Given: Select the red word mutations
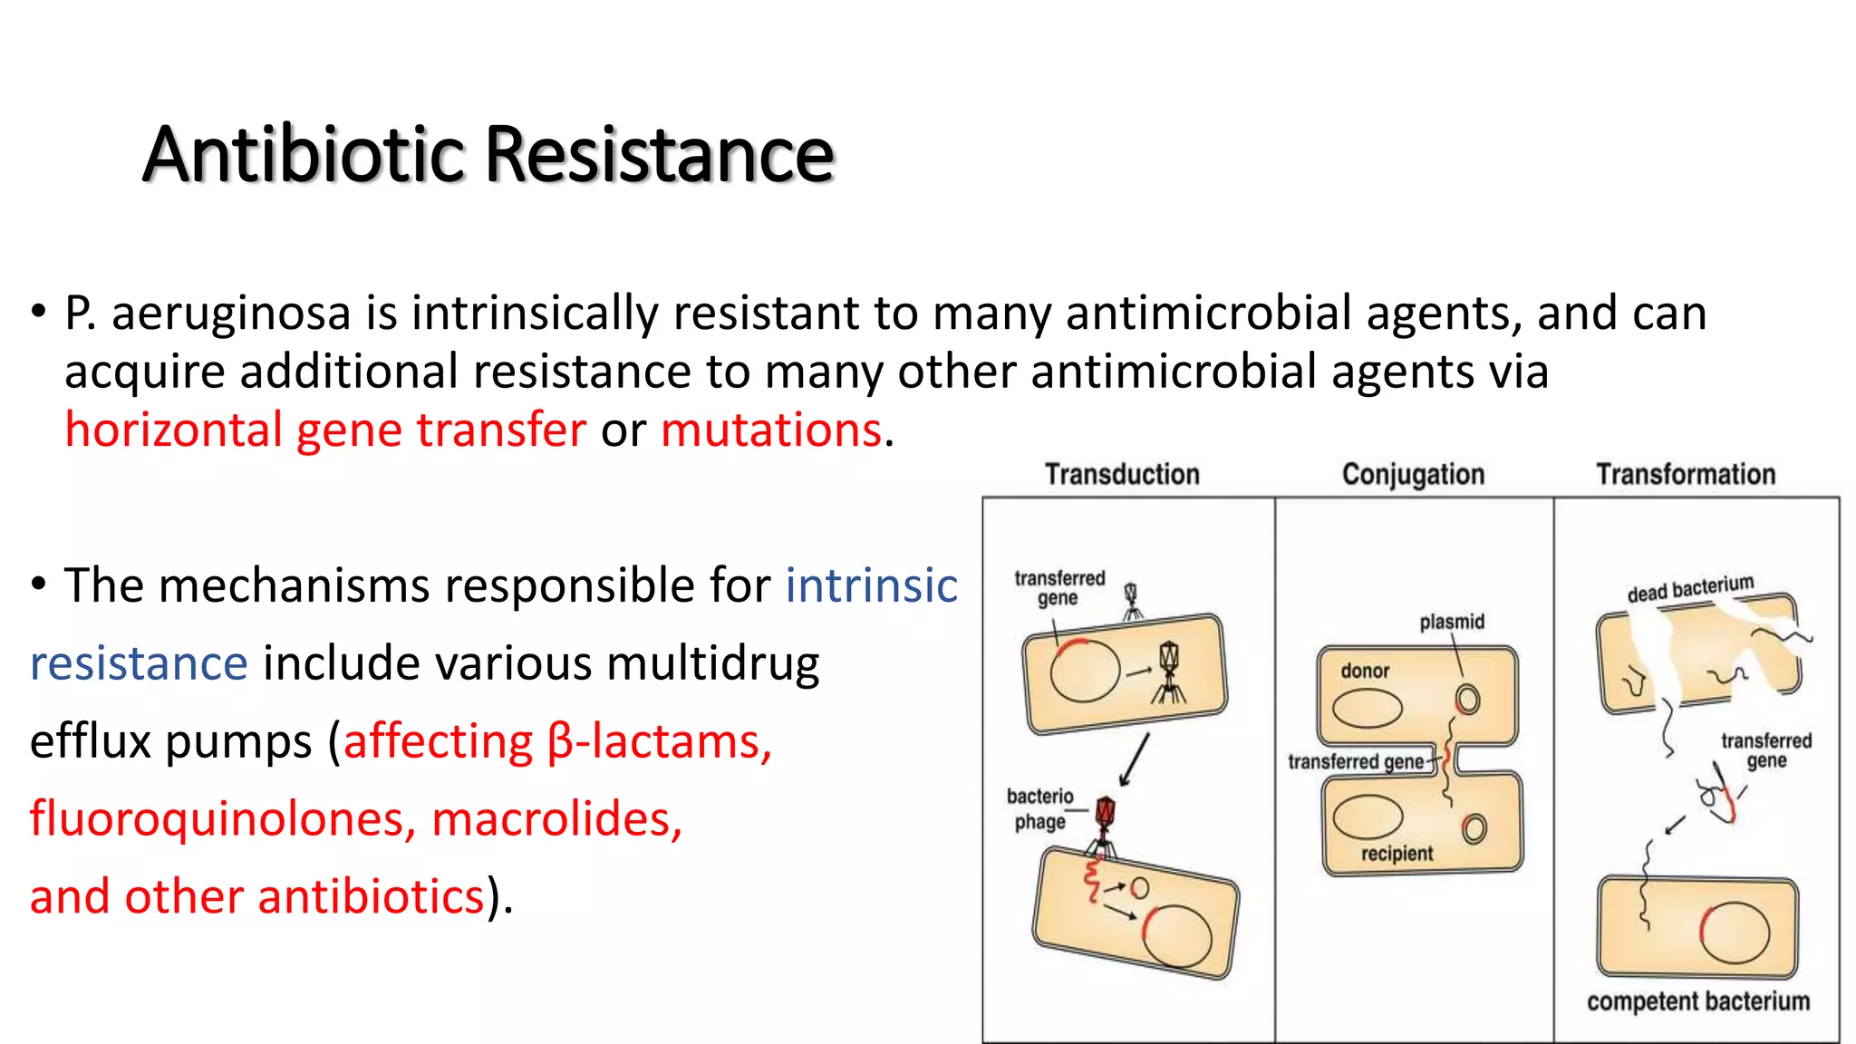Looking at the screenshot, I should [771, 430].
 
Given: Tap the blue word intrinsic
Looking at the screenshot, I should [871, 585].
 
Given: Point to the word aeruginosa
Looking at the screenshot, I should [231, 314].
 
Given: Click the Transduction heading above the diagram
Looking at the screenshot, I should [1122, 474].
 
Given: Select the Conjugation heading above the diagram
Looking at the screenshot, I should [1413, 474].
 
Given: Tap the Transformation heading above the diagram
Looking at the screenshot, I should [1686, 474].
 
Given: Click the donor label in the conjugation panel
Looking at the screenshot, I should [1365, 671].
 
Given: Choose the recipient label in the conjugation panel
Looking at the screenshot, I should [1397, 854].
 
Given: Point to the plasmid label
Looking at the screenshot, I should [1452, 622].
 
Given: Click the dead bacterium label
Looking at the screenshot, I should [1690, 588].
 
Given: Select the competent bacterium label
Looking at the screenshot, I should [1697, 1001].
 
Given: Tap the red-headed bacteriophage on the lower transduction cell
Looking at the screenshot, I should [1105, 813].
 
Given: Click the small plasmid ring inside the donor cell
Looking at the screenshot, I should [1467, 699].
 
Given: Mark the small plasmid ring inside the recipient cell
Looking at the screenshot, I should [1474, 828].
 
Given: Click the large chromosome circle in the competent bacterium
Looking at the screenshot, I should [1735, 933].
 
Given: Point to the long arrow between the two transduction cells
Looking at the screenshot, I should [1134, 759].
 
